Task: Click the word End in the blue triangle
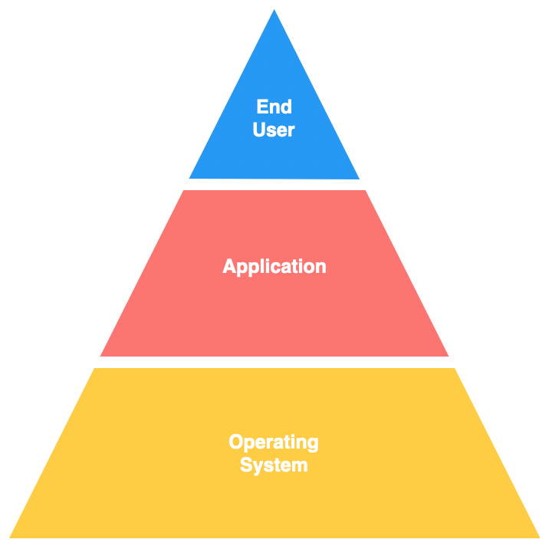click(x=274, y=107)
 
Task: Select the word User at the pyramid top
click(x=274, y=130)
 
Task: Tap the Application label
click(x=274, y=267)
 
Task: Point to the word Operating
click(x=274, y=442)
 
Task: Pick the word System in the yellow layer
click(x=274, y=465)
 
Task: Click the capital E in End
click(x=262, y=107)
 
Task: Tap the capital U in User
click(x=259, y=130)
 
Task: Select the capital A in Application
click(x=229, y=266)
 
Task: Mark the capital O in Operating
click(x=236, y=441)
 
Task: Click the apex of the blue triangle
click(x=274, y=9)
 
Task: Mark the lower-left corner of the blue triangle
click(x=189, y=178)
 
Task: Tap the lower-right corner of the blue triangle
click(x=360, y=179)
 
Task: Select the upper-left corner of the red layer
click(x=184, y=190)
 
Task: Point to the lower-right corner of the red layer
click(x=449, y=356)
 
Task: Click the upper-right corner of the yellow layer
click(x=455, y=368)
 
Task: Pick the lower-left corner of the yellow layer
click(x=9, y=537)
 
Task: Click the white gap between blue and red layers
click(x=274, y=185)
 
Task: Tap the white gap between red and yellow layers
click(x=274, y=362)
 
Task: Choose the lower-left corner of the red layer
click(x=100, y=356)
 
